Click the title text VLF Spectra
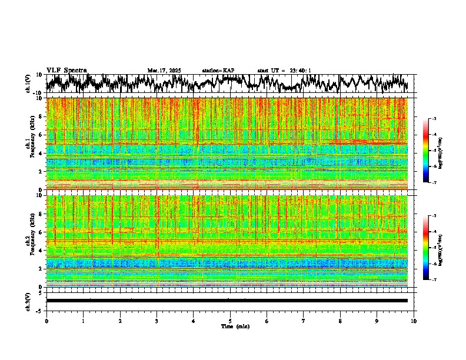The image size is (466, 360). [66, 70]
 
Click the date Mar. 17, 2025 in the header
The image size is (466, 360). [164, 71]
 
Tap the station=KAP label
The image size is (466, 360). [218, 71]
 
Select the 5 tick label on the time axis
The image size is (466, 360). [230, 321]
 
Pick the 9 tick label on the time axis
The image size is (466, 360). [377, 321]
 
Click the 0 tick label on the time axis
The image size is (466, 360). [46, 321]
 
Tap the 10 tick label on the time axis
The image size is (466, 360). [414, 321]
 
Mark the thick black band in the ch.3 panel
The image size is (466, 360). [227, 301]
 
